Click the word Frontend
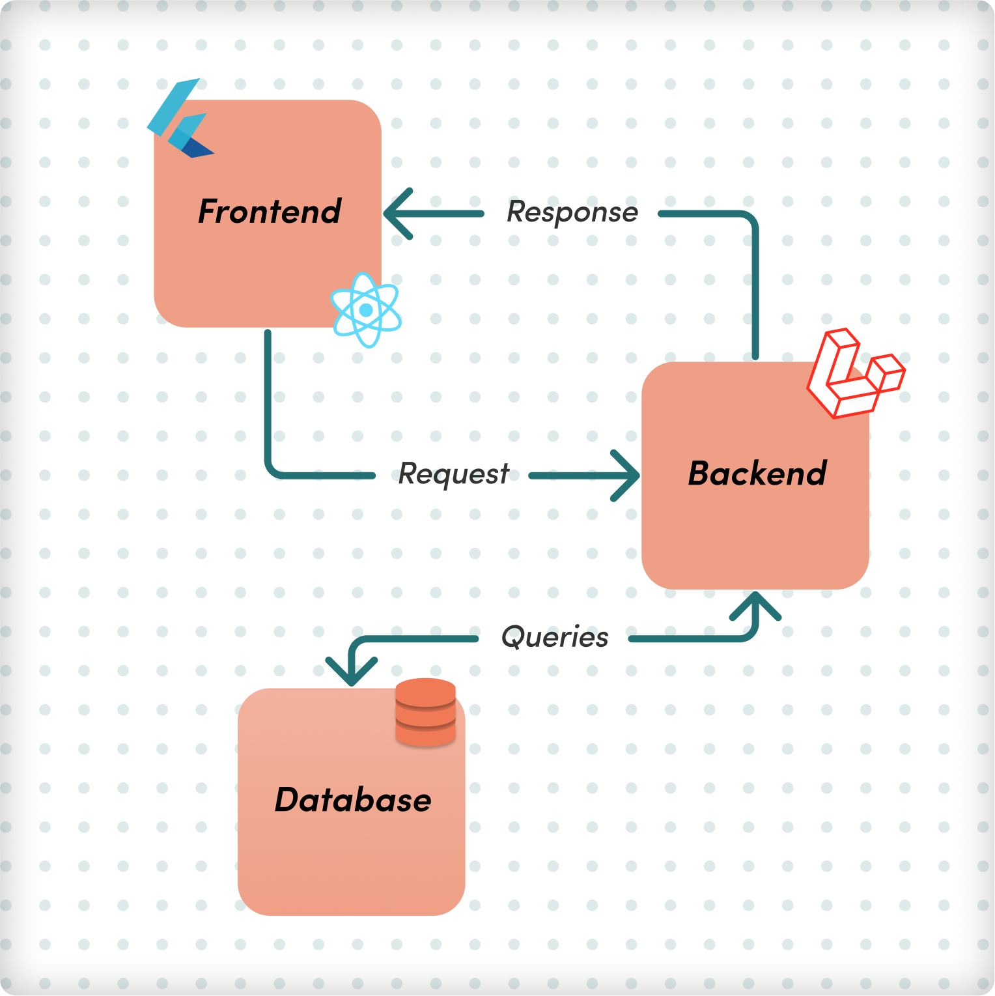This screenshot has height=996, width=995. coord(270,212)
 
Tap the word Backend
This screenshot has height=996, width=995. coord(757,474)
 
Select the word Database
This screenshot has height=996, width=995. coord(353,800)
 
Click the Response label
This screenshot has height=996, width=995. coord(572,212)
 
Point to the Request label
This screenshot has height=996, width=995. coord(454,474)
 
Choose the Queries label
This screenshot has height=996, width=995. coord(555,637)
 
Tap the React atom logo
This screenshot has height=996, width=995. coord(366,310)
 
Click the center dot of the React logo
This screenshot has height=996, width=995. coord(366,310)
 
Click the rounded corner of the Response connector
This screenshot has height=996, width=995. coord(749,220)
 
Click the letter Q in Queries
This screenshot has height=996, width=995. coord(512,636)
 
